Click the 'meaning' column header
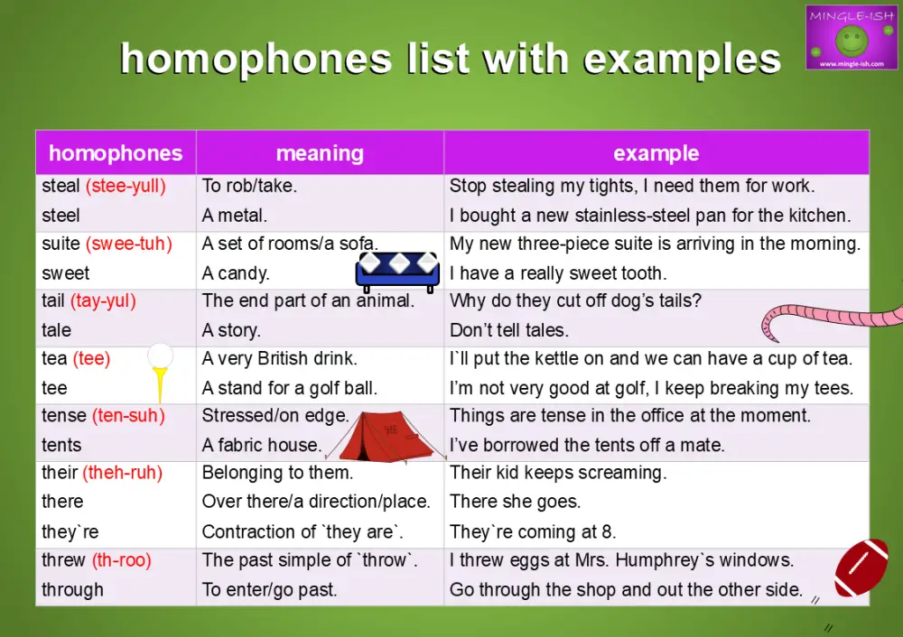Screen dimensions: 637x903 point(320,153)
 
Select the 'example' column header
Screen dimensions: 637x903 point(656,153)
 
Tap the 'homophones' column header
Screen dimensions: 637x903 point(116,153)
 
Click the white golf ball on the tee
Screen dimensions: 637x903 point(160,357)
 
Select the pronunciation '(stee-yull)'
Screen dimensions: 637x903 point(126,187)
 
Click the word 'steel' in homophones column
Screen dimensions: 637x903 point(61,216)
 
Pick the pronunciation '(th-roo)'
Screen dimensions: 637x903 point(121,560)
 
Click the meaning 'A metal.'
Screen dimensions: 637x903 point(235,216)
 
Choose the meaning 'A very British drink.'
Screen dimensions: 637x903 point(280,359)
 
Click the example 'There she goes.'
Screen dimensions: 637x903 point(515,502)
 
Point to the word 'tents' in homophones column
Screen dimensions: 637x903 point(61,445)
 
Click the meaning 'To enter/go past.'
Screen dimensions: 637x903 point(269,590)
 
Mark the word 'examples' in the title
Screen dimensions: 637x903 point(683,60)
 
